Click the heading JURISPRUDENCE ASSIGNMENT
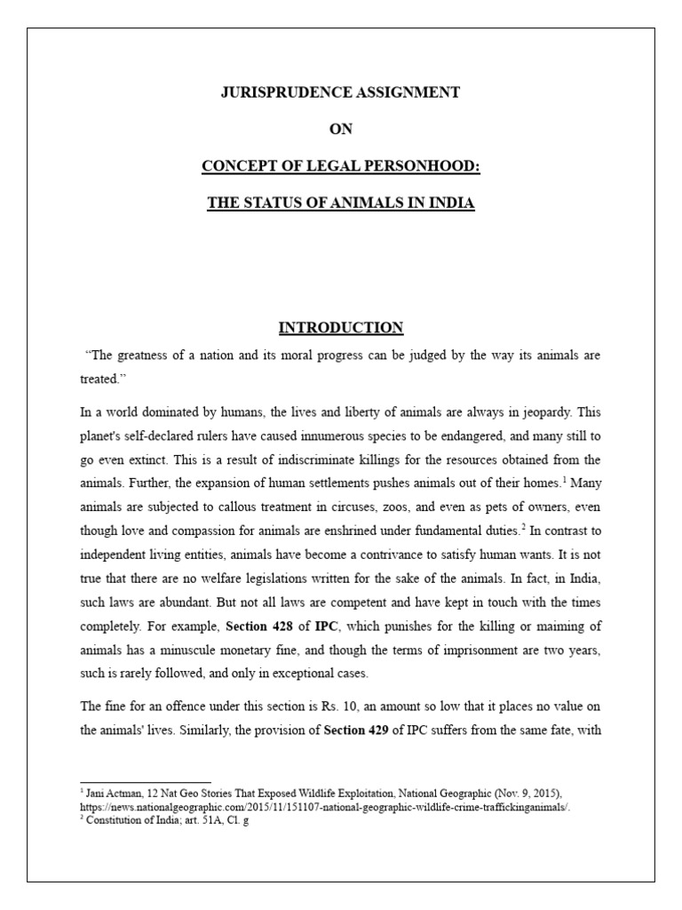[x=341, y=92]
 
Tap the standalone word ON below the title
[x=341, y=129]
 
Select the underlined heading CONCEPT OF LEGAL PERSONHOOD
[x=341, y=166]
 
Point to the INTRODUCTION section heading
[x=341, y=328]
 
